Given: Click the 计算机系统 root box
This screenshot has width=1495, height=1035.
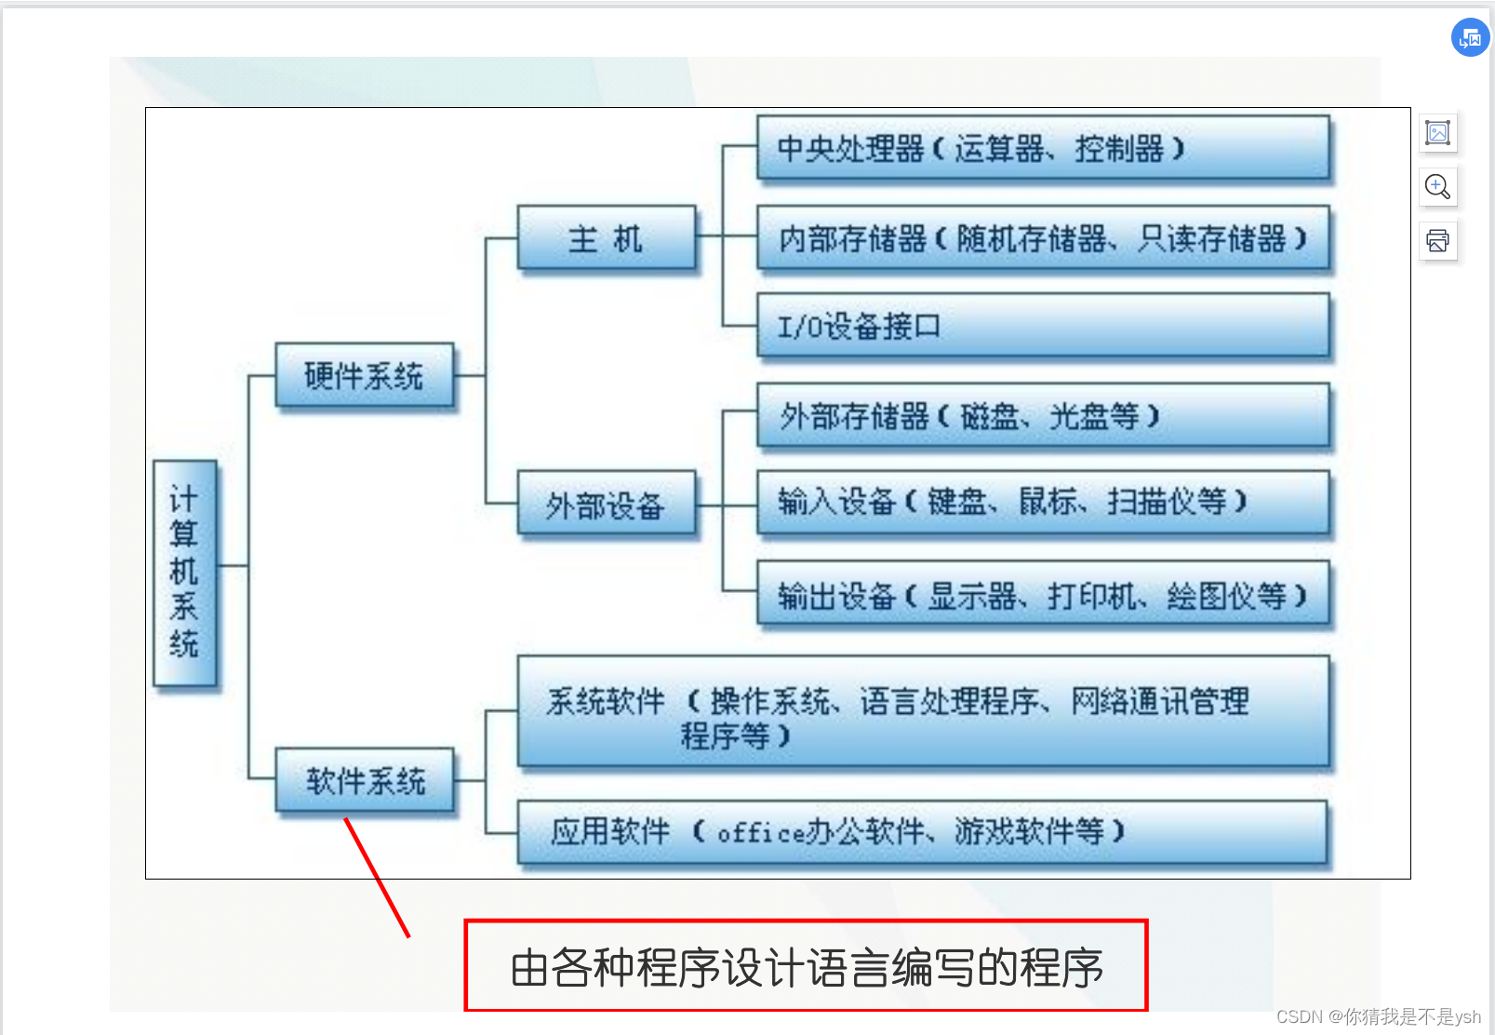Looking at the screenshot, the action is click(185, 572).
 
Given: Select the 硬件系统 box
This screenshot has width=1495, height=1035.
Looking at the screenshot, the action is click(365, 375).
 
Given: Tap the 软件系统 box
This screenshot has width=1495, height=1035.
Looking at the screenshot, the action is click(365, 780).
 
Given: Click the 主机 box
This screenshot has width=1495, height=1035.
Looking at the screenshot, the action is click(606, 238).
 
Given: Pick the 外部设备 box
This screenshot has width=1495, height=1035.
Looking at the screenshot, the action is click(606, 504).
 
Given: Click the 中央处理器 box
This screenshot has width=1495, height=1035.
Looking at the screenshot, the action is click(1042, 148).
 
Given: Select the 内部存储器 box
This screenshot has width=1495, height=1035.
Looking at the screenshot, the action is click(1042, 238).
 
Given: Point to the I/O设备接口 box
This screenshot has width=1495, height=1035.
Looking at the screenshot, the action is click(1042, 326).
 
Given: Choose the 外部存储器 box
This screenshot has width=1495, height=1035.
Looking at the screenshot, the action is click(1042, 416).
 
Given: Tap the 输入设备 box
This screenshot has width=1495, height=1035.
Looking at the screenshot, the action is click(1042, 503).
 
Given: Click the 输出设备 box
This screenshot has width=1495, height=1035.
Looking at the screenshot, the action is click(1042, 595).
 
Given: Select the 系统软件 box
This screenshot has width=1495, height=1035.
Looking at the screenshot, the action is click(922, 713).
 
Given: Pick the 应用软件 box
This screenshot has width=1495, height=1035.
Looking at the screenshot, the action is click(922, 831).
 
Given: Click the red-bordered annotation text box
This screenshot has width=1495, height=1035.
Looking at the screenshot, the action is click(806, 966).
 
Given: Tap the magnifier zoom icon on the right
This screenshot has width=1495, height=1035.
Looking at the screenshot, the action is click(1437, 186).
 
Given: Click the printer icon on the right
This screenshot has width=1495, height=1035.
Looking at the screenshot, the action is click(1437, 241).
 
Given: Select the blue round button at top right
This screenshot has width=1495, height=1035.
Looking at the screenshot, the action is click(1470, 38).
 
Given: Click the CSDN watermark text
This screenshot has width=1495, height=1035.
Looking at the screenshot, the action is click(1378, 1016).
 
